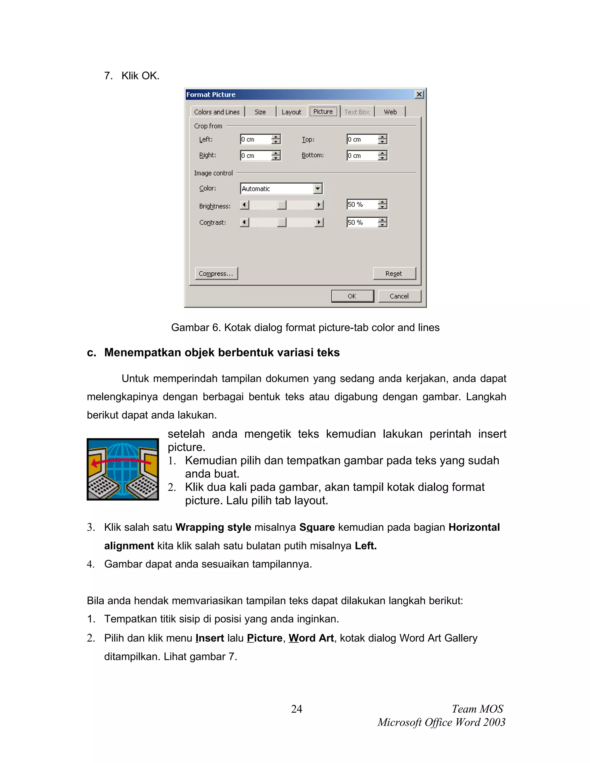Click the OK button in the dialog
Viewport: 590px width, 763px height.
pos(352,296)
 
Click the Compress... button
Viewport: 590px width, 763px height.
pos(216,274)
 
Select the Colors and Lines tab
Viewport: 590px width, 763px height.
pos(217,112)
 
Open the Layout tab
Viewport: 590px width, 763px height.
pos(291,112)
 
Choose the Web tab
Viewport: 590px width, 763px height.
pos(390,112)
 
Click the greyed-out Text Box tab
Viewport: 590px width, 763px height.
pos(357,112)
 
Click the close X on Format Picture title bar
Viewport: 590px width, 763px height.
pos(419,94)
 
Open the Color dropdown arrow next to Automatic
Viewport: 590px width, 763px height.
pos(317,189)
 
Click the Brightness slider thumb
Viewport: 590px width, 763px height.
pos(281,205)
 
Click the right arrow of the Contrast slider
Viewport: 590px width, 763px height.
pos(319,222)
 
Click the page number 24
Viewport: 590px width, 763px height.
pos(296,709)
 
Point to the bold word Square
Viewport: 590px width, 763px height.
pos(317,527)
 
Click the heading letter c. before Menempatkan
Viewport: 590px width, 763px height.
pos(91,352)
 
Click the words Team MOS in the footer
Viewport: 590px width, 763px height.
pos(477,709)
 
